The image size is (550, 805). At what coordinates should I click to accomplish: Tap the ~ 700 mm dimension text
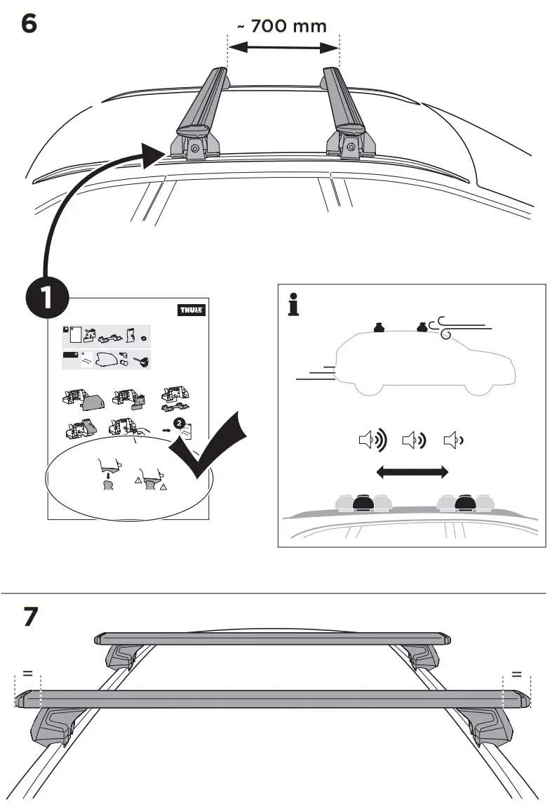pos(281,27)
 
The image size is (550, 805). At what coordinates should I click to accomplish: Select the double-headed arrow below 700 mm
pos(283,48)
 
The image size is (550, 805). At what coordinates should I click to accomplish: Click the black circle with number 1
pos(46,298)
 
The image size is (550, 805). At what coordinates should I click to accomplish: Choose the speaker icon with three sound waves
pos(372,441)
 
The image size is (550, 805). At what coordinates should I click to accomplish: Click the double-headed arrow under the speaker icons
pos(412,473)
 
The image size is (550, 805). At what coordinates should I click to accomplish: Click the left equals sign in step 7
pos(28,674)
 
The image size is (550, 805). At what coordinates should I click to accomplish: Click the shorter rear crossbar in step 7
pos(273,639)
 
